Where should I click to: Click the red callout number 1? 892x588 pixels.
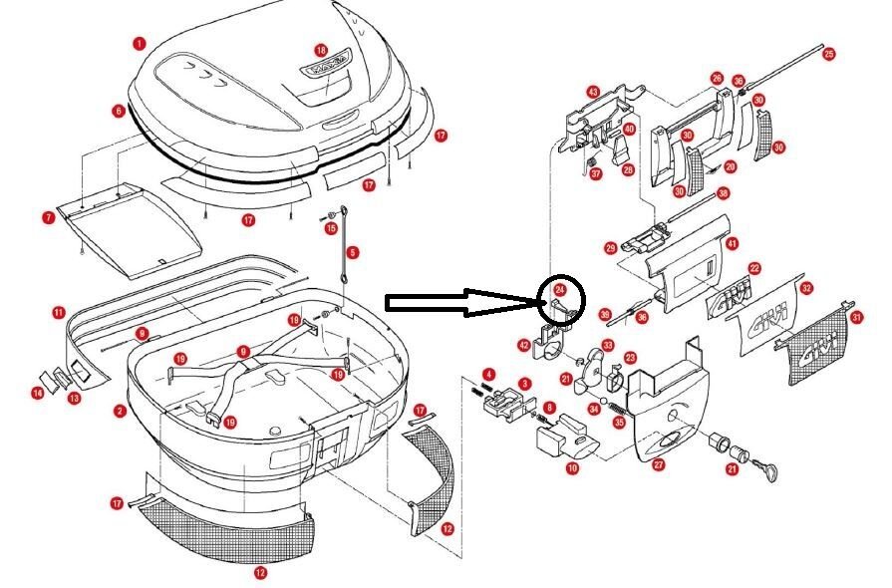pyautogui.click(x=139, y=43)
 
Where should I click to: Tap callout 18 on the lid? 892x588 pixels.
pyautogui.click(x=321, y=50)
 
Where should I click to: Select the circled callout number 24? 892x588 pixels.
pyautogui.click(x=560, y=290)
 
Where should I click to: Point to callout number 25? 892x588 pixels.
pyautogui.click(x=828, y=54)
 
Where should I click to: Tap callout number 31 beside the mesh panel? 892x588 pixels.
pyautogui.click(x=856, y=317)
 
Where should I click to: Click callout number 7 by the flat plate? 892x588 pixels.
pyautogui.click(x=48, y=216)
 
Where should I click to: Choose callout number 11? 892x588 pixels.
pyautogui.click(x=59, y=312)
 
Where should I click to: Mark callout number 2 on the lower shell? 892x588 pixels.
pyautogui.click(x=120, y=411)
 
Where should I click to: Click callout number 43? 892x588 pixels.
pyautogui.click(x=592, y=92)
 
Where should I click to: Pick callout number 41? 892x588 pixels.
pyautogui.click(x=732, y=242)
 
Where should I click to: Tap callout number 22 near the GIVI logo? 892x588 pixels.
pyautogui.click(x=754, y=268)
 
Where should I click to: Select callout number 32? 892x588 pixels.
pyautogui.click(x=807, y=288)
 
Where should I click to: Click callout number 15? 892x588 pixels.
pyautogui.click(x=332, y=228)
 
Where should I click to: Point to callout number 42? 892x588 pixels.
pyautogui.click(x=524, y=345)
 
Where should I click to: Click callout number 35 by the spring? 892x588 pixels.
pyautogui.click(x=619, y=422)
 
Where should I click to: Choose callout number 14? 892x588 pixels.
pyautogui.click(x=38, y=394)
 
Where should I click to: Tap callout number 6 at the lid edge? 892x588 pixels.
pyautogui.click(x=119, y=111)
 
